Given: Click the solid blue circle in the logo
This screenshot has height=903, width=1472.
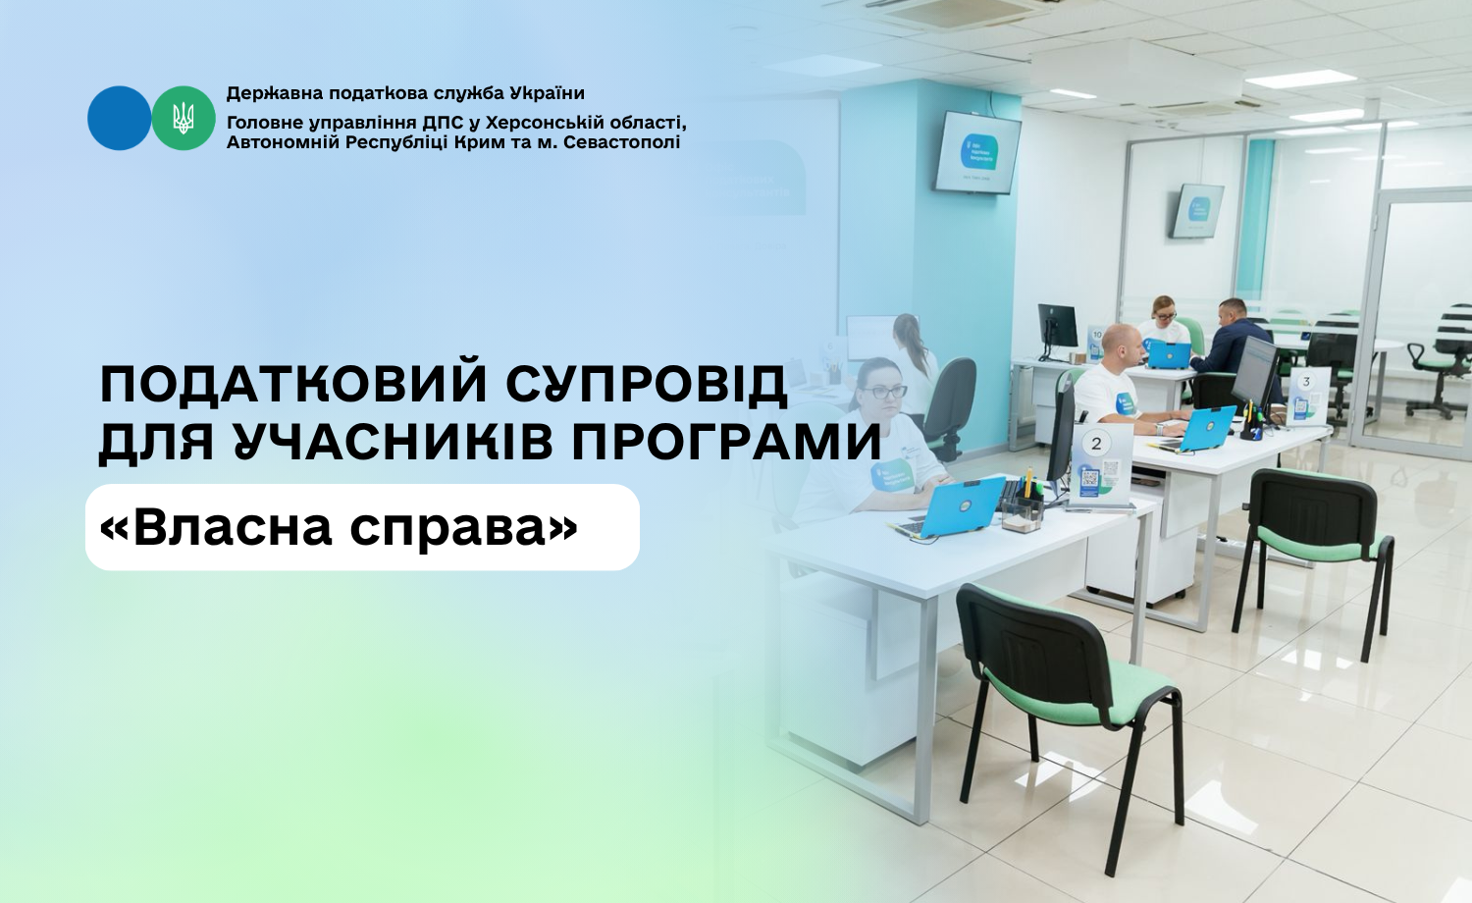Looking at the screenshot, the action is pyautogui.click(x=119, y=119).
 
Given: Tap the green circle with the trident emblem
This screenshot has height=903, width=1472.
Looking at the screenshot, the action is pyautogui.click(x=184, y=119).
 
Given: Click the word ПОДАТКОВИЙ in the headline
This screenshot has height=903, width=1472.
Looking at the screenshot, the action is pyautogui.click(x=293, y=384).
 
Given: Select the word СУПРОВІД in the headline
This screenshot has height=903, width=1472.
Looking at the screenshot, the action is pyautogui.click(x=647, y=384).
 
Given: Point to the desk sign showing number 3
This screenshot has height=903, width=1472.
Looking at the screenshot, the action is pyautogui.click(x=1307, y=396).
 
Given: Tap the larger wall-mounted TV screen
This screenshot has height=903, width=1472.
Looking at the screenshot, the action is pyautogui.click(x=977, y=152).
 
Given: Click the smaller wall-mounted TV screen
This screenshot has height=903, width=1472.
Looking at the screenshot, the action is pyautogui.click(x=1198, y=210).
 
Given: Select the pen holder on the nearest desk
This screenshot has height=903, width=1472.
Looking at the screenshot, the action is pyautogui.click(x=1023, y=507).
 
